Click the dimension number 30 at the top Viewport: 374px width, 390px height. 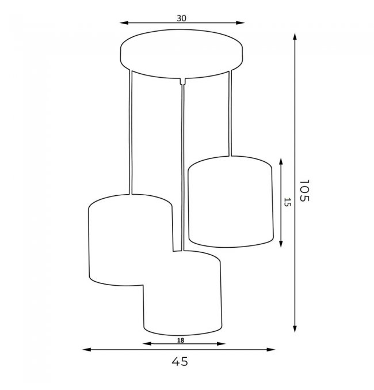(x=181, y=18)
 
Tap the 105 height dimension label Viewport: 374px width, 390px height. (x=304, y=191)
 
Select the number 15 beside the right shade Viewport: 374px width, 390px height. (x=287, y=202)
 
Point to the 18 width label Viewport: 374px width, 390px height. (x=181, y=340)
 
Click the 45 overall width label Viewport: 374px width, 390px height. (x=180, y=361)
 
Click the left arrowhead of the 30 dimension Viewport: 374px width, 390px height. (x=124, y=23)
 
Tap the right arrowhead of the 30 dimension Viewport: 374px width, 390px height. (x=241, y=23)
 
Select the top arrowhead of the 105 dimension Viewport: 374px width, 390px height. (x=295, y=37)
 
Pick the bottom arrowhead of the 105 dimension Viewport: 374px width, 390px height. (x=295, y=328)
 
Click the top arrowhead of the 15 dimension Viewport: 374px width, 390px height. (x=281, y=162)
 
